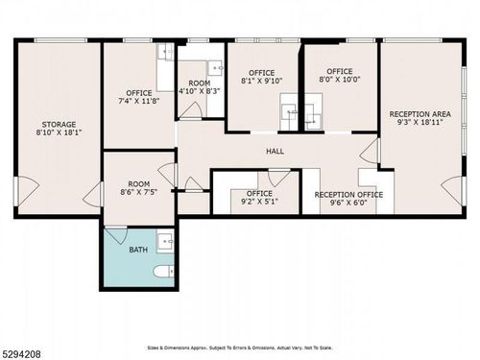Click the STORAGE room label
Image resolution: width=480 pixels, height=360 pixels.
click(x=58, y=124)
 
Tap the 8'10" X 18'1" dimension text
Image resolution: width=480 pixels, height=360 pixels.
click(x=58, y=133)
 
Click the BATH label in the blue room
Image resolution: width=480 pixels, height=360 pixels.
click(x=138, y=250)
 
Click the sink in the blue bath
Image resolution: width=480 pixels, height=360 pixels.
click(x=165, y=240)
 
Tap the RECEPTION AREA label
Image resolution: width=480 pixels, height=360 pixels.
click(x=420, y=114)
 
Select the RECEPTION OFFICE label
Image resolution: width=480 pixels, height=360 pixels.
click(x=348, y=194)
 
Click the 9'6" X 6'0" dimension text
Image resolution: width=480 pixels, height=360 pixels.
click(x=348, y=204)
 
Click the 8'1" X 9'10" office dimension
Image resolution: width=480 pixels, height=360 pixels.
click(x=261, y=82)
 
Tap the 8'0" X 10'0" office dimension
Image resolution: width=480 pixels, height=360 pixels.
click(x=339, y=81)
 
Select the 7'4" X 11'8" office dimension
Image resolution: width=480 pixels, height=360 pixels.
click(x=139, y=101)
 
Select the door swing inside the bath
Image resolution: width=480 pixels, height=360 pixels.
click(x=115, y=233)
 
